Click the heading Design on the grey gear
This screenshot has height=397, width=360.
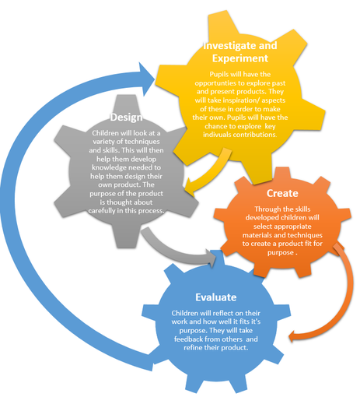coord(126,118)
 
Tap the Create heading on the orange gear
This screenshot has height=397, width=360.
coord(282,193)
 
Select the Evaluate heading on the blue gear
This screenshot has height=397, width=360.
coord(215,297)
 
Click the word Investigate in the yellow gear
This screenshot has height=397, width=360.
coord(226,46)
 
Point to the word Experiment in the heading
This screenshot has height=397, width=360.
coord(240,58)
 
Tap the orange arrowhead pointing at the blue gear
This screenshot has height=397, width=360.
coord(293,336)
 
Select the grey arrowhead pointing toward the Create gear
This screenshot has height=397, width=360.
coord(211,258)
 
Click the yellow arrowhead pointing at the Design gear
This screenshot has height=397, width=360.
coord(190,188)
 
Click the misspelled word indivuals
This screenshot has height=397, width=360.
coord(217,135)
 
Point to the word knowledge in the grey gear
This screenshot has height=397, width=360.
coord(109,167)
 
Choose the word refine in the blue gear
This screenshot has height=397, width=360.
coord(191,348)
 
